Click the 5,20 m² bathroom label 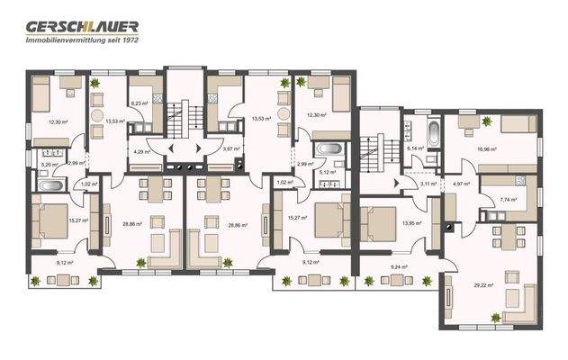tap(49, 165)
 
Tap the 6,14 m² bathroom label tap(414, 148)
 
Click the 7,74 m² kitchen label tap(507, 200)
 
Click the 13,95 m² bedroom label tap(412, 222)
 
